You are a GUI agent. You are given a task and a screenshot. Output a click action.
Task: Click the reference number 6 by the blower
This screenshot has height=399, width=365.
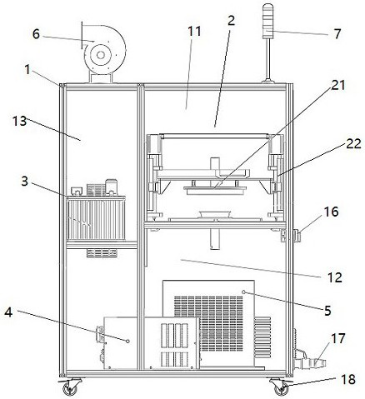point(36,34)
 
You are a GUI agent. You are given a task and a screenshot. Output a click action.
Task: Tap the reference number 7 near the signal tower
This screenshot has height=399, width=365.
point(337,34)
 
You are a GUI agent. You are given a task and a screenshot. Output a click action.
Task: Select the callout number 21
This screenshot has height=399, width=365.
point(337,86)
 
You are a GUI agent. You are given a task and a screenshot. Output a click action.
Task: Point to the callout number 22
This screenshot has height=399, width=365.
point(353,143)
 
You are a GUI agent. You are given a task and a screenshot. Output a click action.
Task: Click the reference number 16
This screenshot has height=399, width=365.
point(331,212)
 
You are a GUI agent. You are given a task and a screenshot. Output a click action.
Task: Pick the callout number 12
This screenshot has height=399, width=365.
point(334,277)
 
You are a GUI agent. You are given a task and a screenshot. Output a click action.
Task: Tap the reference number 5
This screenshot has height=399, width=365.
point(327,311)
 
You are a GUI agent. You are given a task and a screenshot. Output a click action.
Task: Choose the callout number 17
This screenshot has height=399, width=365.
point(338,338)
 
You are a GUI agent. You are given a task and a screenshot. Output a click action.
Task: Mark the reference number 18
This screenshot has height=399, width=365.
point(347,379)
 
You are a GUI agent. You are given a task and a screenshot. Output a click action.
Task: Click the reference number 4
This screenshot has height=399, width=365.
point(8,312)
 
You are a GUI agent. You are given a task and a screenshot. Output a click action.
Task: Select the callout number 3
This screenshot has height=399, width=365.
point(25,182)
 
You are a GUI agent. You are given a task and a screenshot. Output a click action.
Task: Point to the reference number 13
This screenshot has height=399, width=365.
point(19,121)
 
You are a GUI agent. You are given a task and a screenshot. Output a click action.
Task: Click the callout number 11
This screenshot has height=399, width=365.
point(194,32)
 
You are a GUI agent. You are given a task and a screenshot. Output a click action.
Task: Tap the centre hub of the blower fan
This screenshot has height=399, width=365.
point(101,55)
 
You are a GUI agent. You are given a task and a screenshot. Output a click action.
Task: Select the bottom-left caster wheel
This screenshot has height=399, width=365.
point(69,388)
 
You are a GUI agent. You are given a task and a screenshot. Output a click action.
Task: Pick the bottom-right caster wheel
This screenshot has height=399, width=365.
point(281,388)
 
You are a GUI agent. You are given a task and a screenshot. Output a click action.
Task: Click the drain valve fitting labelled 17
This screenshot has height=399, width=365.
point(311,361)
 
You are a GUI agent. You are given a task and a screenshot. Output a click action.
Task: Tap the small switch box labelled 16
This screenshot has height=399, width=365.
point(297,236)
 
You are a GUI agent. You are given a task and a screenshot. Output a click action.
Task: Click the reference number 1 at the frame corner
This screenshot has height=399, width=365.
point(27,70)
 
